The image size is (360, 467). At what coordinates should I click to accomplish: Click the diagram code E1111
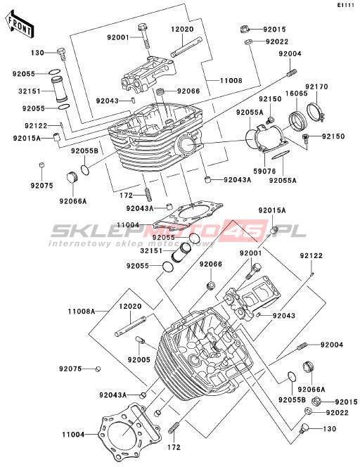pos(345,5)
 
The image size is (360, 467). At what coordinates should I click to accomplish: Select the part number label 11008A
pos(82,312)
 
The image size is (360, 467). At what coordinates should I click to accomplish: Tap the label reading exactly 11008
pos(231,80)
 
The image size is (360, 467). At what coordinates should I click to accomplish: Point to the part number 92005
pos(139,359)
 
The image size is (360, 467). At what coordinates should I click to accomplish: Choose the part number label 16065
pos(297,94)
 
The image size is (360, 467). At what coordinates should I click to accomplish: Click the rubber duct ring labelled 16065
pos(297,120)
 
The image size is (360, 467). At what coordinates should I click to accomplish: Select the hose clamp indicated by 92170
pos(316,111)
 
